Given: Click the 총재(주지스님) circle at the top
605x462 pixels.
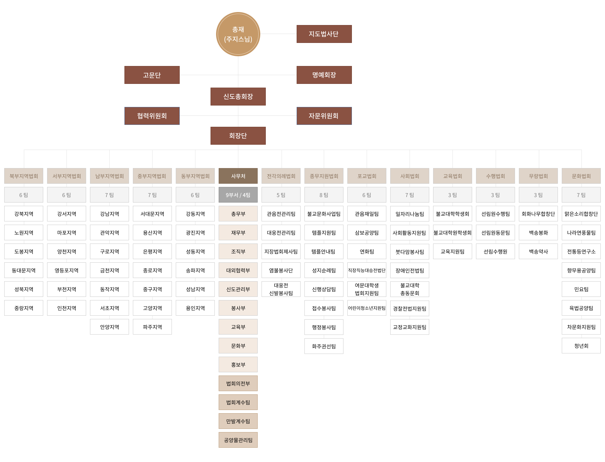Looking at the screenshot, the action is [238, 34].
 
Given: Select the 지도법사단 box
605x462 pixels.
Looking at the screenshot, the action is [324, 34].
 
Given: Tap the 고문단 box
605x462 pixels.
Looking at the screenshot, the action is [152, 75].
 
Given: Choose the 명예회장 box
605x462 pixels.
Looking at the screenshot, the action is [324, 75].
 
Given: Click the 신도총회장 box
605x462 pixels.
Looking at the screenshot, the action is [238, 97].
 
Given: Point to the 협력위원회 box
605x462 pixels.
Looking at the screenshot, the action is [152, 116].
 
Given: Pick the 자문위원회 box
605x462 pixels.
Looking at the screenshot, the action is [324, 116].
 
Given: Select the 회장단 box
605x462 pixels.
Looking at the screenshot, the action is [238, 136].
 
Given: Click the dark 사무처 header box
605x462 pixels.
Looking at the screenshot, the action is [238, 176].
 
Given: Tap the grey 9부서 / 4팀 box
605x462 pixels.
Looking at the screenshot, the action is [238, 195].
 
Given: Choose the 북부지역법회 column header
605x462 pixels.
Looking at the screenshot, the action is [24, 176].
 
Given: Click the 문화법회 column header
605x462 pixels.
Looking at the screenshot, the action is [581, 176].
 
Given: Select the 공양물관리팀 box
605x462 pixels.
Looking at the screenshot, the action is [238, 440].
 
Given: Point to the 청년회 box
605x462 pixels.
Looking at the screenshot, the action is [581, 346].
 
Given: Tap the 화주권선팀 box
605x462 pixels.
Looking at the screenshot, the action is [324, 346].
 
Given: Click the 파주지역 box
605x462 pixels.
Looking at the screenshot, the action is [152, 327].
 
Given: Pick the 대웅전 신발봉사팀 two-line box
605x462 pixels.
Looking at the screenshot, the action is [281, 289].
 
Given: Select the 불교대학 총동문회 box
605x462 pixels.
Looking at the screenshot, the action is [410, 289].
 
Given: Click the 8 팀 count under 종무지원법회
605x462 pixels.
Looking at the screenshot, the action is [324, 195].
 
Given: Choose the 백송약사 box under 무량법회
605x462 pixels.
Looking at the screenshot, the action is [538, 251].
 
